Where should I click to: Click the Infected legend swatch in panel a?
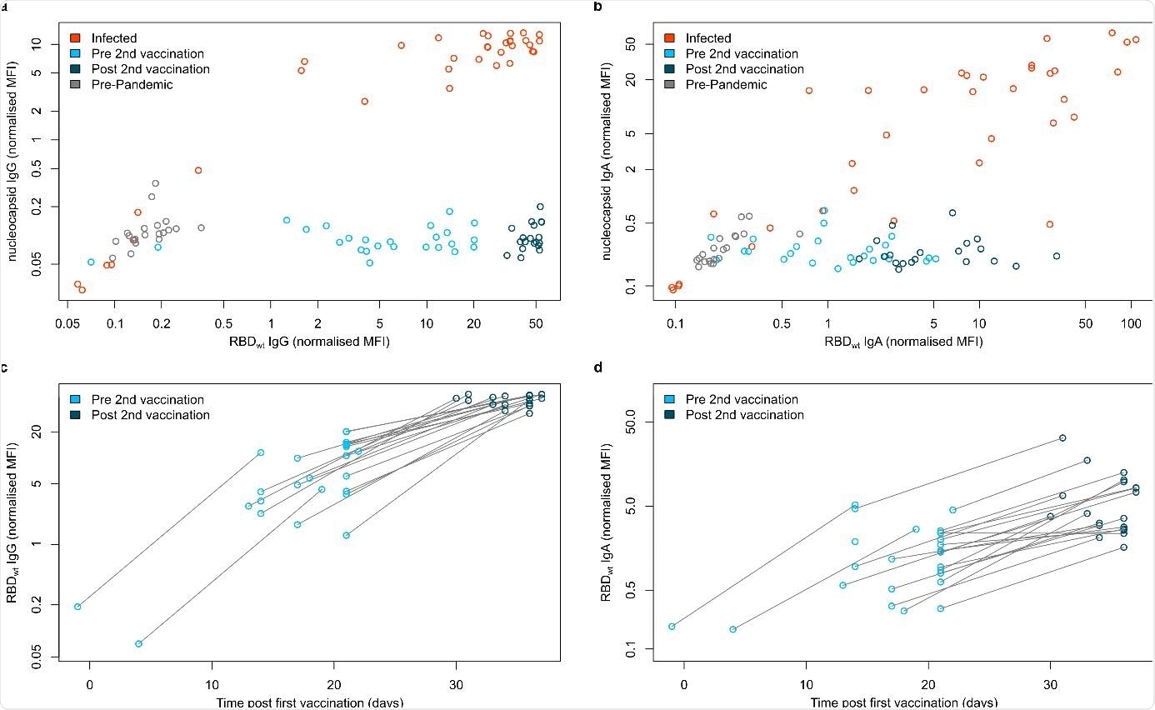click(x=75, y=38)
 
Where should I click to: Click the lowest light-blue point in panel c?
click(x=138, y=643)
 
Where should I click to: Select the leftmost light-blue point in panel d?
click(x=672, y=626)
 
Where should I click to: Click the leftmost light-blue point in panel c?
click(x=77, y=607)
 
